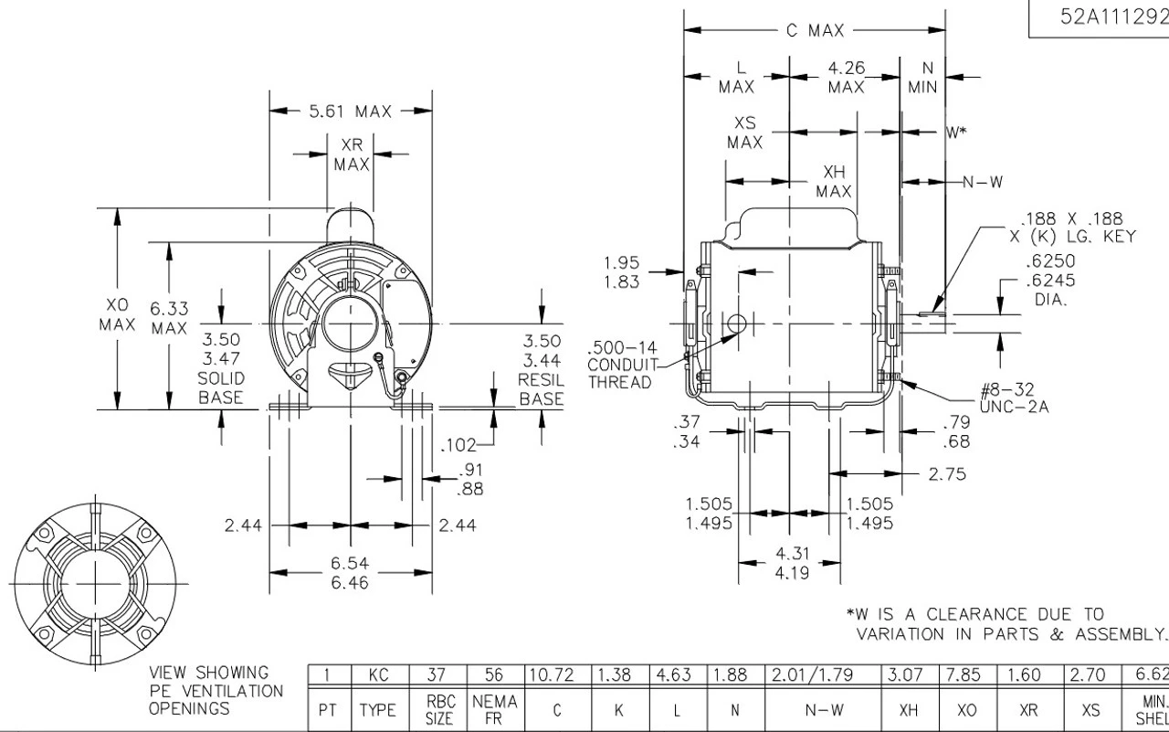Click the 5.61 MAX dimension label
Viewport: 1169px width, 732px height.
click(x=350, y=112)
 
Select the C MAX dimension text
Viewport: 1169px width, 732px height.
click(x=815, y=31)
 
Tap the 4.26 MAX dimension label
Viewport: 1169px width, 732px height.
click(x=847, y=78)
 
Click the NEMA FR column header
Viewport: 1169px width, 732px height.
click(x=494, y=710)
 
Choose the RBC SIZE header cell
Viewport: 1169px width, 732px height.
click(x=438, y=710)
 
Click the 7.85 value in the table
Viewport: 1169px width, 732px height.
click(x=964, y=676)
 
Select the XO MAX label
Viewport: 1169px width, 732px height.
click(x=117, y=313)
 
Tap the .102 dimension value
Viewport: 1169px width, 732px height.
click(x=458, y=446)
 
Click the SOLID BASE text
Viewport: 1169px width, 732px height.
click(x=221, y=387)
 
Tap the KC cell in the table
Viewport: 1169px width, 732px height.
click(x=379, y=676)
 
